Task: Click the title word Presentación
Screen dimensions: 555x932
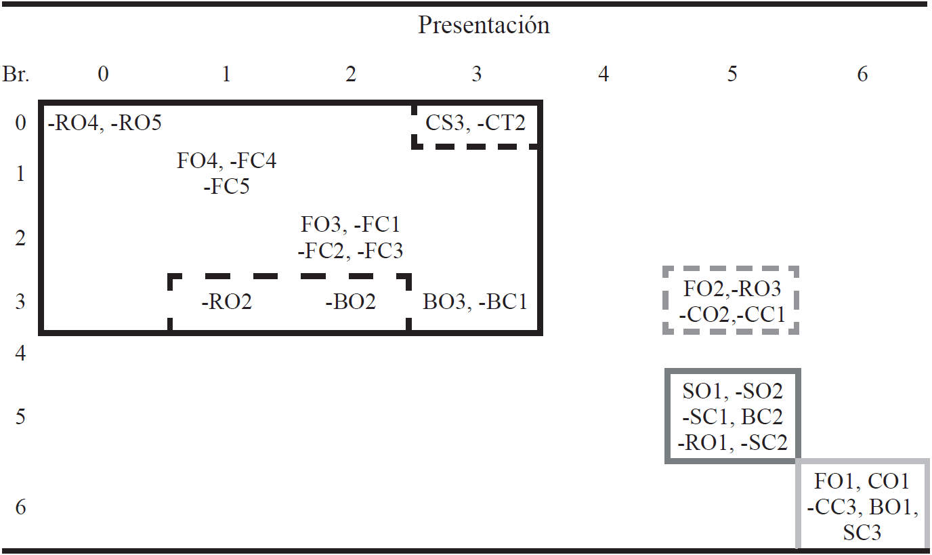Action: click(x=484, y=25)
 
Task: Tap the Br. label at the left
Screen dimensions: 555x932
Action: click(x=16, y=74)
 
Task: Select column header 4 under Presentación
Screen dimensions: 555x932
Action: click(x=603, y=74)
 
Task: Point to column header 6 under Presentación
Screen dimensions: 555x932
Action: click(x=862, y=74)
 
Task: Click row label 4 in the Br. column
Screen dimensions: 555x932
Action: click(x=20, y=354)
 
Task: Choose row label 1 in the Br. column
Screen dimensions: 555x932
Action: click(x=20, y=174)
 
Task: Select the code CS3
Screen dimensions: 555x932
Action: click(x=445, y=123)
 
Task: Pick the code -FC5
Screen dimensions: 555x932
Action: click(x=226, y=186)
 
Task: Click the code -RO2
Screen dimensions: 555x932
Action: click(x=226, y=302)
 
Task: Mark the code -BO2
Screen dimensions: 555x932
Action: click(x=350, y=302)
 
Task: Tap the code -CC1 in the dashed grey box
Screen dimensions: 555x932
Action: click(x=760, y=315)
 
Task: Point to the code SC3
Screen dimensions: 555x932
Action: click(x=862, y=533)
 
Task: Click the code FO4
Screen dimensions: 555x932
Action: click(x=198, y=161)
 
